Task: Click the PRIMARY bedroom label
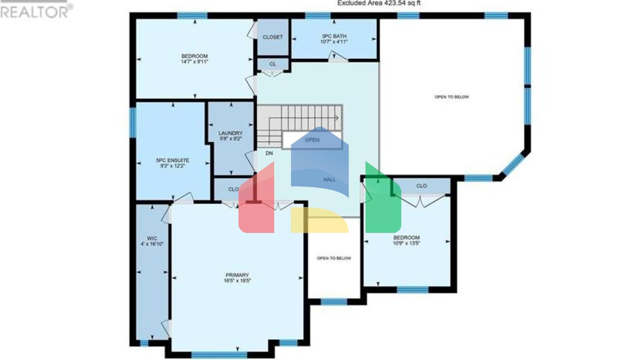coord(237,275)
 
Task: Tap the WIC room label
coord(152,239)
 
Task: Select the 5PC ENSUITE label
coord(172,160)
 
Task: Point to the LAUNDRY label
coord(230,133)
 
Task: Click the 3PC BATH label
coord(334,36)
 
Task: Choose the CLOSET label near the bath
coord(272,37)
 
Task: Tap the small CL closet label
coord(272,64)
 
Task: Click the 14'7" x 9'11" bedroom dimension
coord(194,62)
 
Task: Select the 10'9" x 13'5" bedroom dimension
coord(406,243)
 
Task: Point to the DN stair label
coord(269,153)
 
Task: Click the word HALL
coord(329,180)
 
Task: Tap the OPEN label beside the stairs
coord(312,140)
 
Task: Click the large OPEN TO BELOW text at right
coord(452,97)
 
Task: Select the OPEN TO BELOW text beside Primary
coord(334,258)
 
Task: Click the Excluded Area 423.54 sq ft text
coord(379,3)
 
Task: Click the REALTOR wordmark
coord(36,12)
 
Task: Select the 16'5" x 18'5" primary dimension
coord(237,281)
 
